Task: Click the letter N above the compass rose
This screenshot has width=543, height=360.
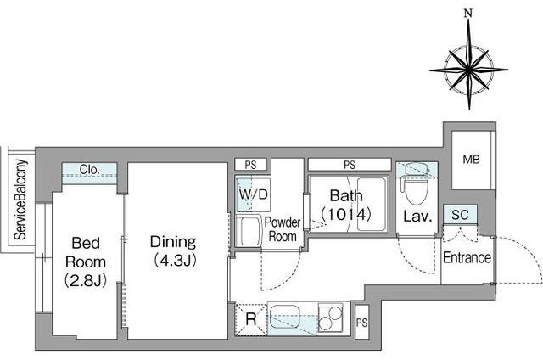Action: click(x=468, y=14)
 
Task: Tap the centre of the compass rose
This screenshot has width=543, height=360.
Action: click(x=469, y=70)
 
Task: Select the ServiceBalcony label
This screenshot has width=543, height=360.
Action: click(x=20, y=200)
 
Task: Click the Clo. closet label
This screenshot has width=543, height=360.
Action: click(x=89, y=170)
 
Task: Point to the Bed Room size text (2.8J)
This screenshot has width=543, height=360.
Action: click(x=86, y=281)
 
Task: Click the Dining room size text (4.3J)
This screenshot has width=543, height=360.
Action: click(x=175, y=260)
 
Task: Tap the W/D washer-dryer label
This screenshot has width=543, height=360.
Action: click(x=254, y=194)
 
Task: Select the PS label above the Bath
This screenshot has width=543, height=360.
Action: click(x=350, y=165)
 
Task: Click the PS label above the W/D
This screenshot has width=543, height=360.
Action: click(x=251, y=165)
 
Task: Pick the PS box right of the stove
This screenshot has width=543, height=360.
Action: click(x=362, y=323)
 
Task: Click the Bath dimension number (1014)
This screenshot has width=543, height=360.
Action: click(x=346, y=215)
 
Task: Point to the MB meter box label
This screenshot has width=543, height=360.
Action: click(x=472, y=160)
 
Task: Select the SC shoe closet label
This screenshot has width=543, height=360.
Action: click(x=460, y=215)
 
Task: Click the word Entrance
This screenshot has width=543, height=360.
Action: click(x=467, y=258)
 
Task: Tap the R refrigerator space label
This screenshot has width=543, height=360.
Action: click(x=251, y=319)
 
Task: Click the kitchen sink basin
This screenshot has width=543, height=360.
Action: click(x=285, y=317)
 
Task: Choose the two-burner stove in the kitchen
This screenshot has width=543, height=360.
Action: click(x=330, y=318)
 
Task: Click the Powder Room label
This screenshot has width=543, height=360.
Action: click(x=283, y=229)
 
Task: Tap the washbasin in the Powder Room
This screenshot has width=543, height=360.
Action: click(x=249, y=230)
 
